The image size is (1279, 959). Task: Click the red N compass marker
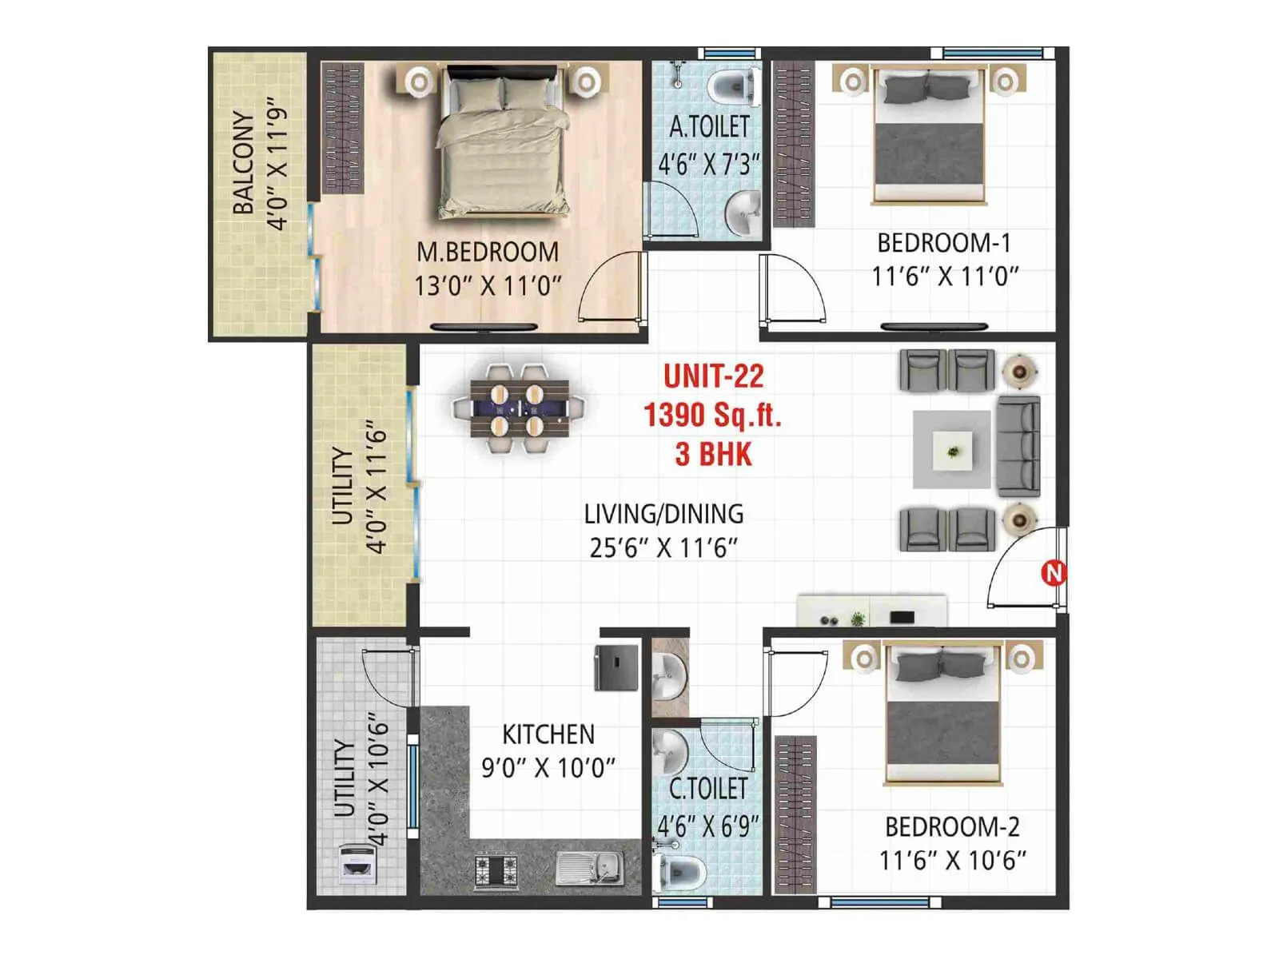click(1054, 573)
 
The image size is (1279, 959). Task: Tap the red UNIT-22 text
click(713, 376)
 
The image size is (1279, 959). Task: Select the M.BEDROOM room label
click(488, 252)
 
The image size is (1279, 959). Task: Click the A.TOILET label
click(709, 127)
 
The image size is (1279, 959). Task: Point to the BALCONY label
click(244, 162)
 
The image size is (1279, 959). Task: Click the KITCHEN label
click(548, 734)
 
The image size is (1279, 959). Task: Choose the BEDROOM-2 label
click(951, 826)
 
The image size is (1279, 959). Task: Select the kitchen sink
click(590, 868)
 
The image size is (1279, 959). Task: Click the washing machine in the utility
click(357, 863)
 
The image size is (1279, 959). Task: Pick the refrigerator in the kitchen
click(616, 667)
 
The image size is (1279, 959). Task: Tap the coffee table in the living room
click(952, 450)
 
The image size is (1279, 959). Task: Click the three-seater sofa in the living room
click(1018, 448)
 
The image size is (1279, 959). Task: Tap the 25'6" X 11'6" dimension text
click(663, 548)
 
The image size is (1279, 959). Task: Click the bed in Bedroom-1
click(928, 136)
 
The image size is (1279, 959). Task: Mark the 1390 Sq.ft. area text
click(712, 415)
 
